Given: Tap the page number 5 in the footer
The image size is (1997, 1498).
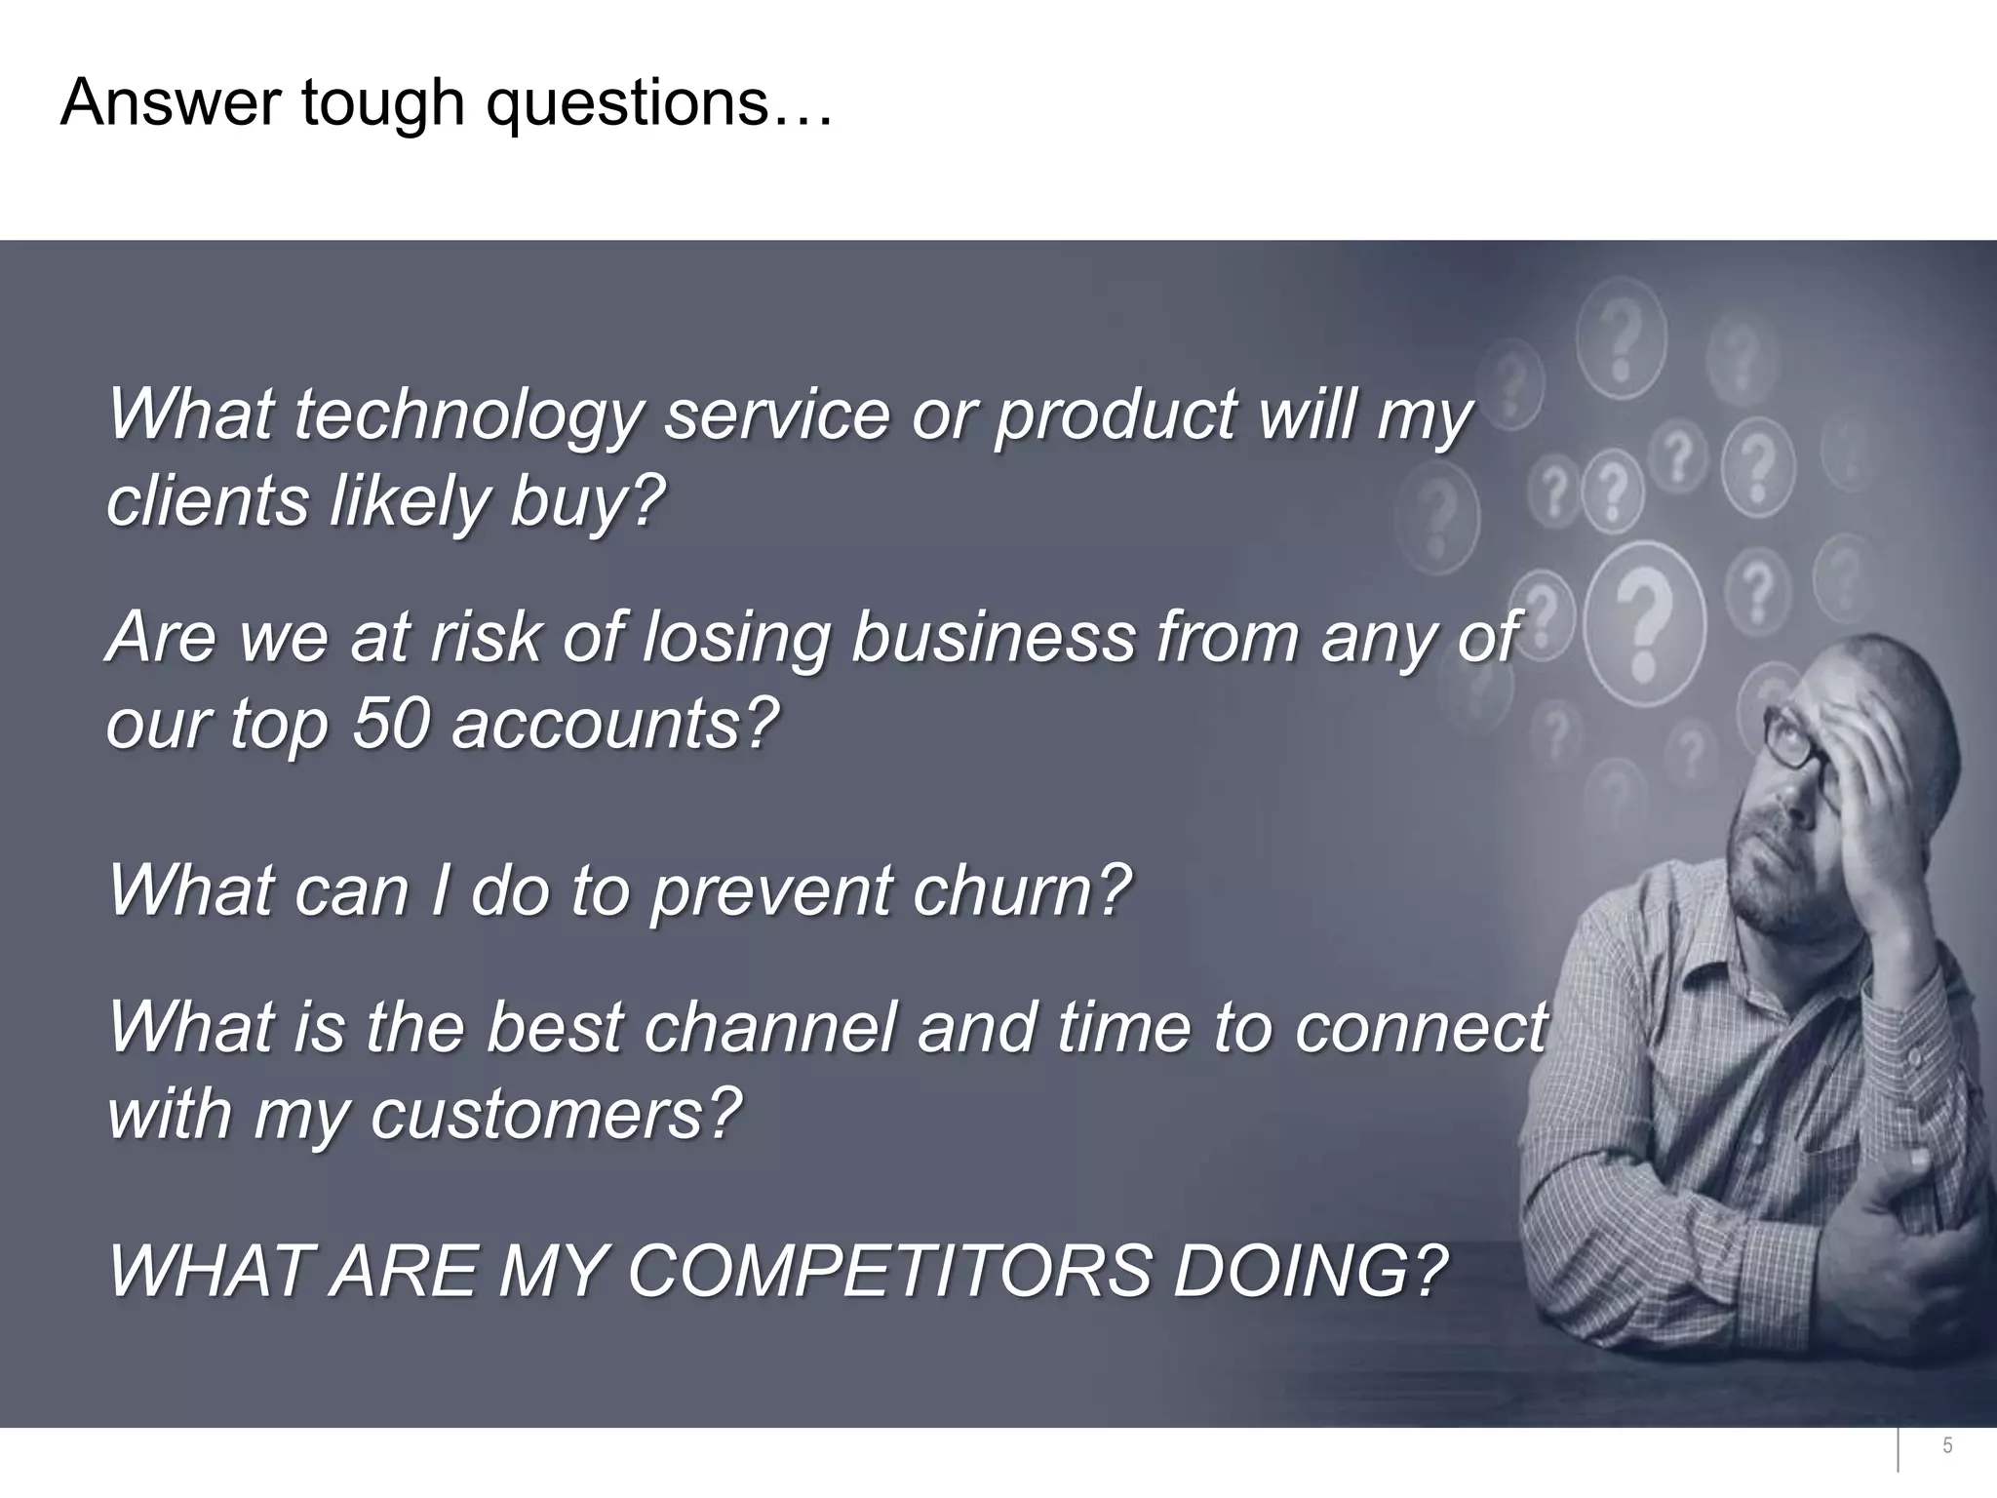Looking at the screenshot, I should click(1947, 1446).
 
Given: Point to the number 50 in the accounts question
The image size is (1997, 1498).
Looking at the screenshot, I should click(390, 726).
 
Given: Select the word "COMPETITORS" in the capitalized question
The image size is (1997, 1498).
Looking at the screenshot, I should click(889, 1272).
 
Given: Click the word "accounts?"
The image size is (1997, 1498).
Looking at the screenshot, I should click(615, 726).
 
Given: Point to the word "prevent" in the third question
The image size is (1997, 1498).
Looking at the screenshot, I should click(770, 891).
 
